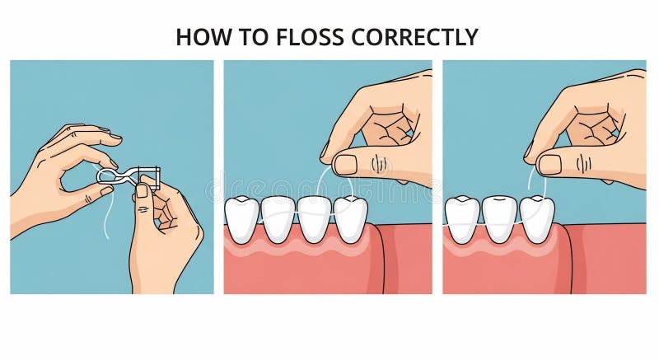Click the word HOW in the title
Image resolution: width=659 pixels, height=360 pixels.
[203, 37]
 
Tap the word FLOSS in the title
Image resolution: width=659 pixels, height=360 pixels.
[310, 37]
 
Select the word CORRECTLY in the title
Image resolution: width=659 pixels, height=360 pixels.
[414, 37]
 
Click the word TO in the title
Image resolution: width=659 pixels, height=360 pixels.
[254, 37]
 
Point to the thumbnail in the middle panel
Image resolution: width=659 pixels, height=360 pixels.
[345, 165]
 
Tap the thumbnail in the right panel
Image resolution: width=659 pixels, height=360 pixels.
[549, 164]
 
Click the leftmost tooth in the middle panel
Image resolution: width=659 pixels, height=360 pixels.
[241, 219]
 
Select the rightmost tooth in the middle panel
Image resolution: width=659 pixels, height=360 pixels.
[351, 219]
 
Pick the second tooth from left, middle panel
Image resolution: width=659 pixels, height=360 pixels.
[278, 220]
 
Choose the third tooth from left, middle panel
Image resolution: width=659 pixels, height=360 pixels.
[315, 220]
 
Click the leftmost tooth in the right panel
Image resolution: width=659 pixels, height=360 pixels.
[462, 220]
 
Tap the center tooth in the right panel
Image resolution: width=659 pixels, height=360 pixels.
[499, 220]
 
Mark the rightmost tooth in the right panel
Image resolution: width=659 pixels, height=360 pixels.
[537, 220]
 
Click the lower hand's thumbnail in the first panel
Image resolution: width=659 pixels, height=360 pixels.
[142, 191]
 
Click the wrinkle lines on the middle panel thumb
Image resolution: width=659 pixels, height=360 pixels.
[378, 164]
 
